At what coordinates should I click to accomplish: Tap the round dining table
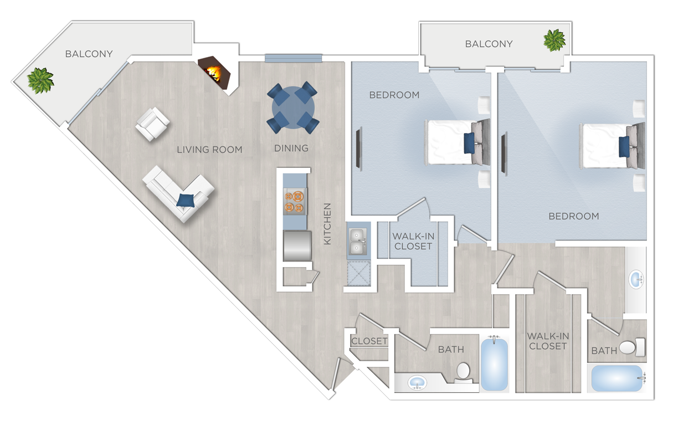[x=293, y=107]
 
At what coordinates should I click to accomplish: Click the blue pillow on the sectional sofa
[x=186, y=200]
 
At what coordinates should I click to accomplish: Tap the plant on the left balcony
[x=40, y=80]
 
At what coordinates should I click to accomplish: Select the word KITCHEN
[x=327, y=224]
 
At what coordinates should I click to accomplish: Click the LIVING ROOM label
[x=209, y=150]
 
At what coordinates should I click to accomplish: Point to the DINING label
[x=291, y=149]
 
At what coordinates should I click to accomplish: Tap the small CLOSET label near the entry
[x=369, y=341]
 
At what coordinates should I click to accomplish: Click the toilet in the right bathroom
[x=632, y=347]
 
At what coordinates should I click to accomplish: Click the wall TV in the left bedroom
[x=359, y=148]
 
